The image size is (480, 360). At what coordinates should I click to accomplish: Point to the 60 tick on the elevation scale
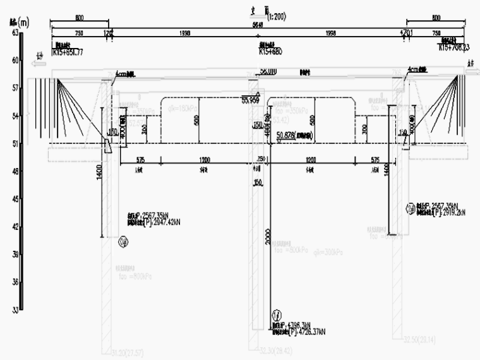pyautogui.click(x=15, y=61)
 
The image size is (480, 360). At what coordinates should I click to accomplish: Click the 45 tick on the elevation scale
pyautogui.click(x=15, y=199)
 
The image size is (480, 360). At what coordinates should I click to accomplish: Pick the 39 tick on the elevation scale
pyautogui.click(x=15, y=255)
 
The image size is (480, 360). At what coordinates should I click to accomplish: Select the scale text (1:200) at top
pyautogui.click(x=276, y=17)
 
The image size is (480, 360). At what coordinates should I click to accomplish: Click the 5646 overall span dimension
pyautogui.click(x=258, y=25)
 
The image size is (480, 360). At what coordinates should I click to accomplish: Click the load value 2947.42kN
pyautogui.click(x=152, y=222)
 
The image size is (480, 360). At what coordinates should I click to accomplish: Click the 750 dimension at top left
pyautogui.click(x=79, y=32)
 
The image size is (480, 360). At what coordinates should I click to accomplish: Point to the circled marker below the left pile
pyautogui.click(x=123, y=240)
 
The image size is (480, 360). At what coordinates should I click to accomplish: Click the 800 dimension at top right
pyautogui.click(x=436, y=18)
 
